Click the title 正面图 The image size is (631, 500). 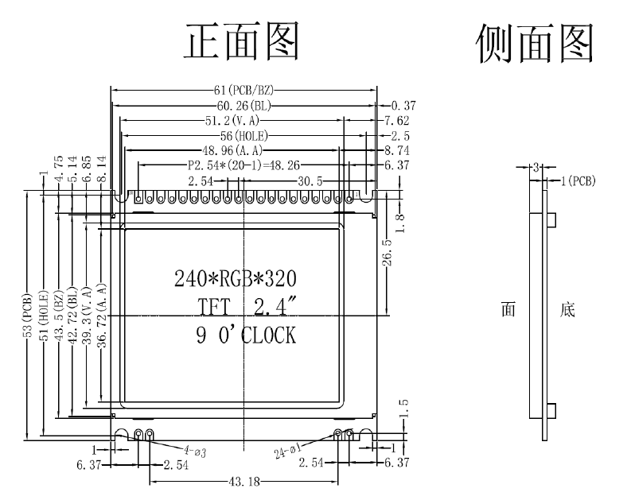(x=242, y=42)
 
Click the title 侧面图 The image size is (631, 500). (x=534, y=42)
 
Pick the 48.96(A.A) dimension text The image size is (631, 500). (x=235, y=150)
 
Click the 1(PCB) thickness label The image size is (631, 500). (x=578, y=180)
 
